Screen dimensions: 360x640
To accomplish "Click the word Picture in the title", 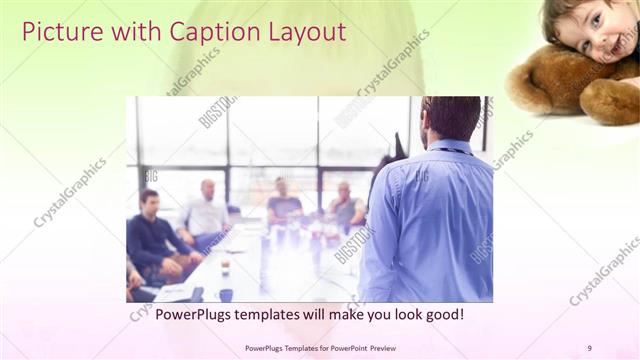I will [60, 32].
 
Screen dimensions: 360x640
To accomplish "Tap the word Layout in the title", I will [305, 32].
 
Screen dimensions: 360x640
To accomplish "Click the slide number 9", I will [589, 347].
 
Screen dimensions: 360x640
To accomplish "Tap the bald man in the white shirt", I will [206, 212].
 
